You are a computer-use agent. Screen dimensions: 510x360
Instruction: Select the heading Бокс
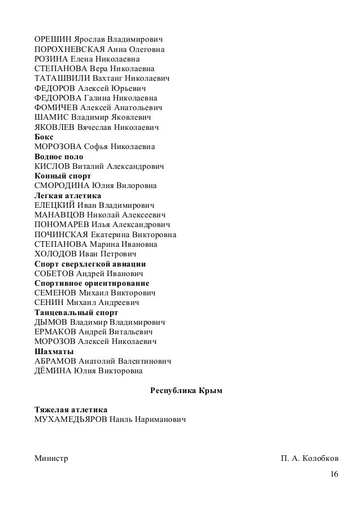[x=44, y=137]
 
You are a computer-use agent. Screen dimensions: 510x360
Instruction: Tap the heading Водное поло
[x=59, y=156]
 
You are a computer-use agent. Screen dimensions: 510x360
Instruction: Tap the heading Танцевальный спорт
[x=76, y=312]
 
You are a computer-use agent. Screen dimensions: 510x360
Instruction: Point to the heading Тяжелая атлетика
[x=71, y=410]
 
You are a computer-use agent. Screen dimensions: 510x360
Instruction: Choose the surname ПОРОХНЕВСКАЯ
[x=70, y=50]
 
